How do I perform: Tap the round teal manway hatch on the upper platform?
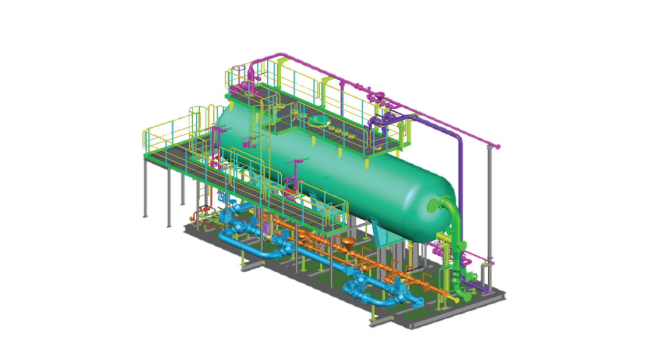click(315, 120)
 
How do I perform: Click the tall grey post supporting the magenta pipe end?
click(490, 207)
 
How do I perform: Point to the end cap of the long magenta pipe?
click(498, 146)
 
